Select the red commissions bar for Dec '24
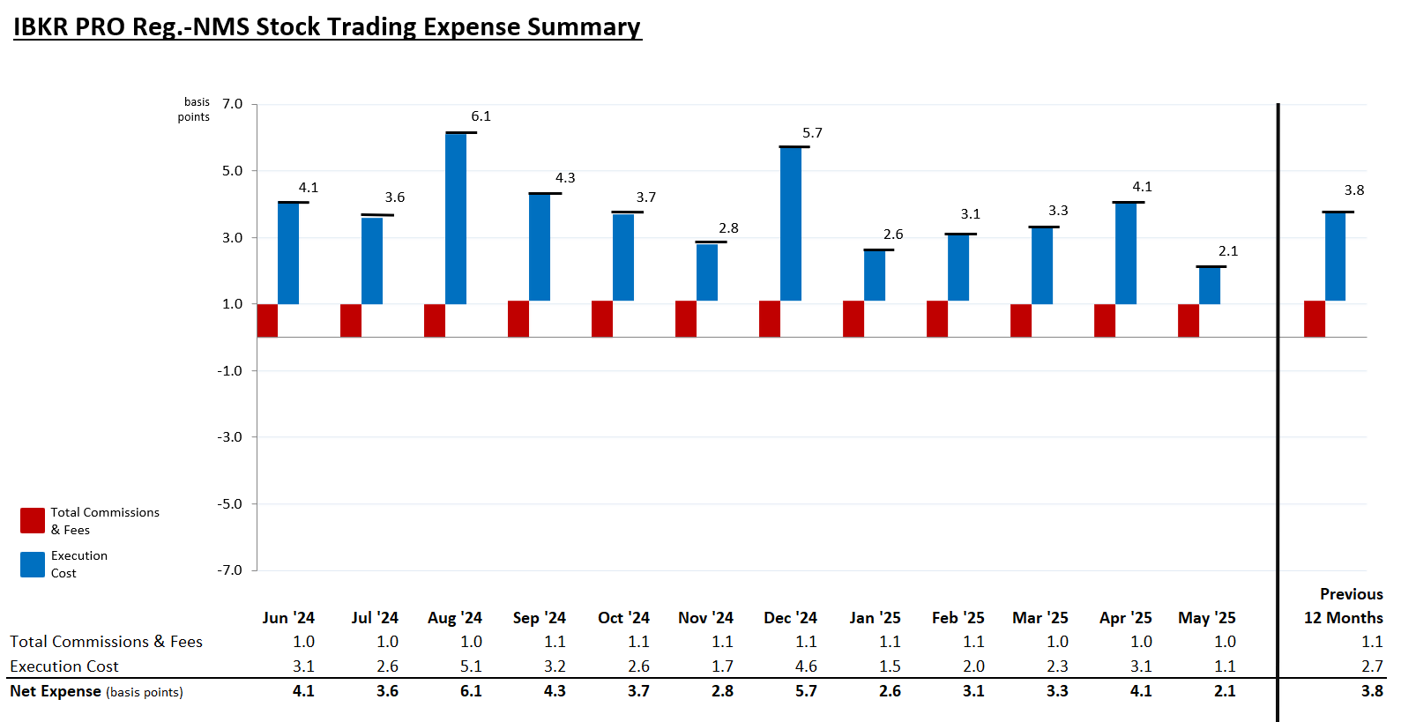(x=769, y=318)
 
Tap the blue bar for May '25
(x=1210, y=286)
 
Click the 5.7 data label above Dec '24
(x=812, y=133)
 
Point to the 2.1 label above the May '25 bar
(x=1228, y=251)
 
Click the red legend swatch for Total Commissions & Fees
(x=33, y=520)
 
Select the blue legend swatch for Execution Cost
(x=33, y=564)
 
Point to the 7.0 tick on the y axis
(x=232, y=104)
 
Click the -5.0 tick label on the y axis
(x=229, y=504)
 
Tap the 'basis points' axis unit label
(x=195, y=109)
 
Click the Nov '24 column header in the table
(x=705, y=618)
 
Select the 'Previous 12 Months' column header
(x=1345, y=606)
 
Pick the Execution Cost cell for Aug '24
(x=471, y=666)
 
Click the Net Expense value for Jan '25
(x=890, y=691)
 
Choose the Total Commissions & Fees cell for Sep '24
(x=555, y=642)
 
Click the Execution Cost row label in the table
(x=63, y=666)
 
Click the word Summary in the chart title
(x=583, y=26)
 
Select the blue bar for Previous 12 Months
(x=1335, y=257)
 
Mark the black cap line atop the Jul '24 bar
(x=377, y=215)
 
